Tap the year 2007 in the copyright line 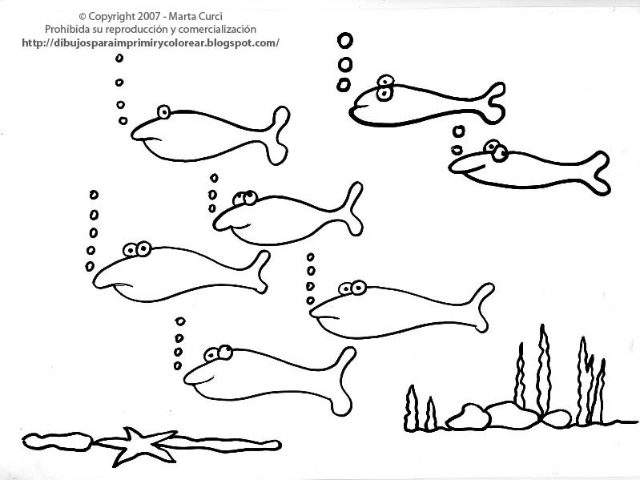click(x=148, y=17)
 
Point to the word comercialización click(x=217, y=30)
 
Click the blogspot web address click(x=151, y=42)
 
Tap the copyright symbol click(x=83, y=17)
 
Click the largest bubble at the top click(x=345, y=40)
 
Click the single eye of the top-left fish click(x=163, y=112)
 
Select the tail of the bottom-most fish click(x=342, y=381)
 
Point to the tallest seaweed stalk click(x=543, y=369)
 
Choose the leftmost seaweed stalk click(x=412, y=408)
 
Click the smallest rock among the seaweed click(x=557, y=419)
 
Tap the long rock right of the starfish click(x=223, y=445)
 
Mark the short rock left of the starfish click(x=58, y=442)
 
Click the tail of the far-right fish click(x=597, y=172)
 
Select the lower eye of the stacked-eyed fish click(x=384, y=94)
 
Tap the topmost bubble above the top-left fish click(x=119, y=58)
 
